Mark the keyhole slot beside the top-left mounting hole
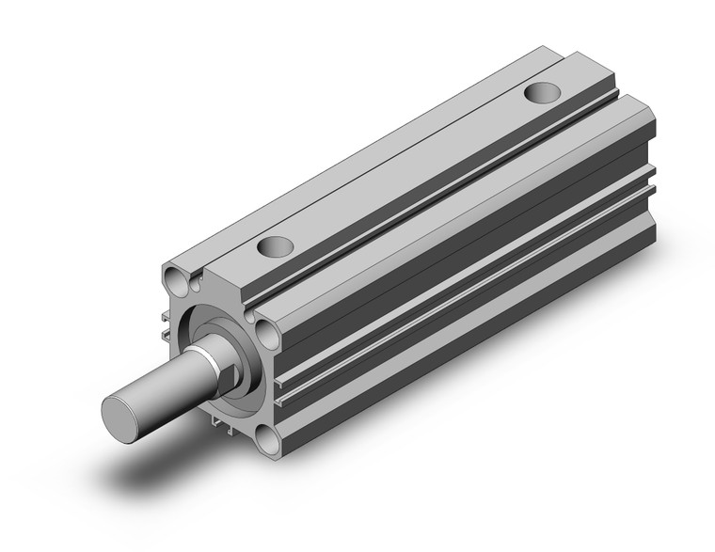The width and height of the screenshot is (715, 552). [195, 280]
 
